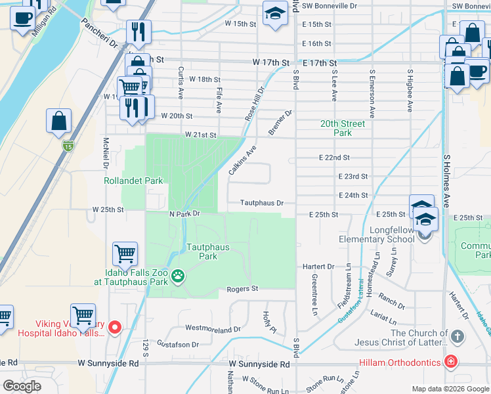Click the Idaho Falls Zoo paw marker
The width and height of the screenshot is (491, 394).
click(179, 277)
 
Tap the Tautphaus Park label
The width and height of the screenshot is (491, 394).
click(202, 252)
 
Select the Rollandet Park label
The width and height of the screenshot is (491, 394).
click(133, 181)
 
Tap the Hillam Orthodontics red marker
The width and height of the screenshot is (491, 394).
click(450, 361)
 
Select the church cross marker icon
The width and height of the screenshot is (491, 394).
click(458, 337)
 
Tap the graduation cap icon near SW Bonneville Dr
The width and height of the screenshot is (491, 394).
click(275, 12)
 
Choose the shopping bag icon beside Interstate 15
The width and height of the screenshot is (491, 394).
click(58, 120)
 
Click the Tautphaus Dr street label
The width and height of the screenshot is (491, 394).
click(261, 204)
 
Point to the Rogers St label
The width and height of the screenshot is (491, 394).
click(243, 289)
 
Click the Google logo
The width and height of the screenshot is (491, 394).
click(22, 386)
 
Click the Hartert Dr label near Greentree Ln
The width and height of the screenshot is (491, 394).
click(318, 267)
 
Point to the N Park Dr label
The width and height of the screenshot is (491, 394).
click(184, 214)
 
